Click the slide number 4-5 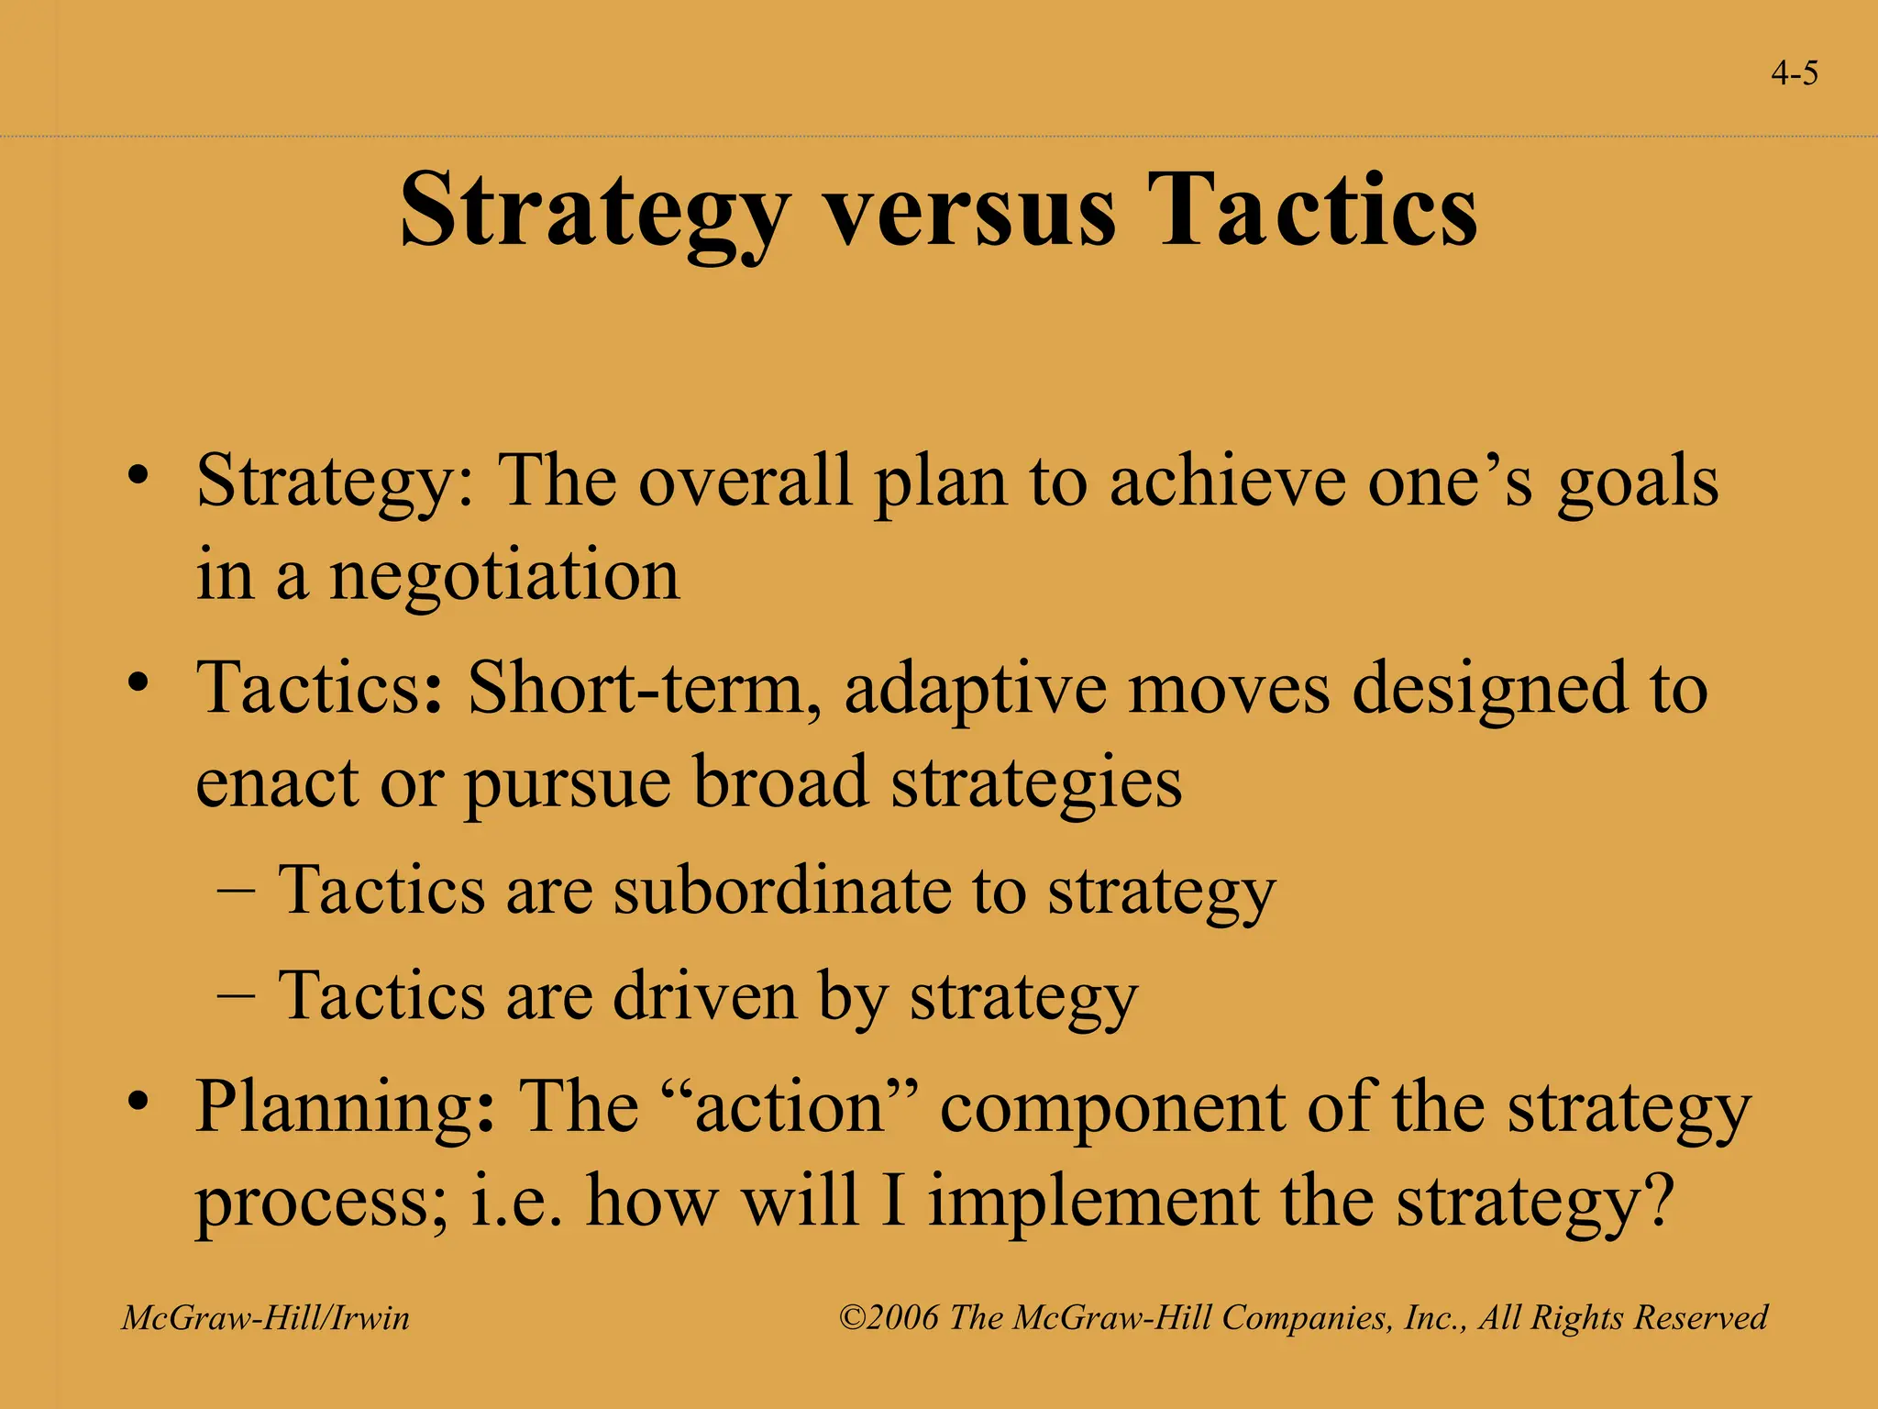coord(1795,73)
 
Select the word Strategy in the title coord(594,213)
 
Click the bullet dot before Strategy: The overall coord(138,475)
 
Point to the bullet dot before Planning coord(138,1100)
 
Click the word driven coord(704,996)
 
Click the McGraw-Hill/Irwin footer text coord(266,1318)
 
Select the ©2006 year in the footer coord(889,1318)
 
